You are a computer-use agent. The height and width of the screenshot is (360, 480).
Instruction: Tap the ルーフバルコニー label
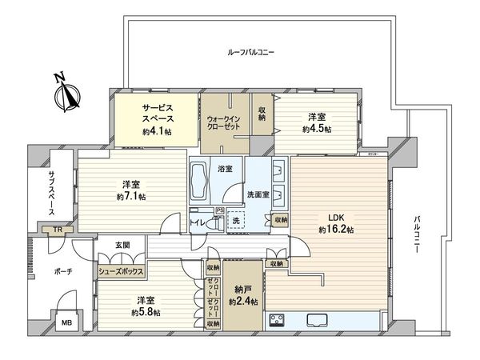click(x=250, y=52)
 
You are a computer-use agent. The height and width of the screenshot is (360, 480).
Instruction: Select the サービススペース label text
click(x=158, y=112)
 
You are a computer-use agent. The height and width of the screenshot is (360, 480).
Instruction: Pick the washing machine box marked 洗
click(x=236, y=220)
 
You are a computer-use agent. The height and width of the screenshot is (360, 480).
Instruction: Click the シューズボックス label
click(x=121, y=272)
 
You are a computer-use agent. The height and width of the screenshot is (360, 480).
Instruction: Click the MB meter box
click(x=66, y=324)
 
